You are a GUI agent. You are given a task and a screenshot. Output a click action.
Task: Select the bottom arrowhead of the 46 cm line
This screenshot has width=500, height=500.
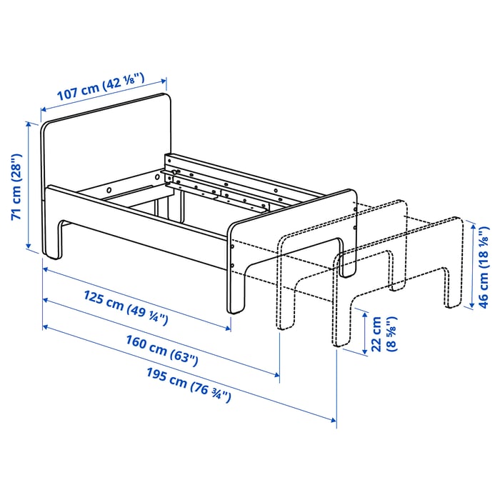click(471, 305)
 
